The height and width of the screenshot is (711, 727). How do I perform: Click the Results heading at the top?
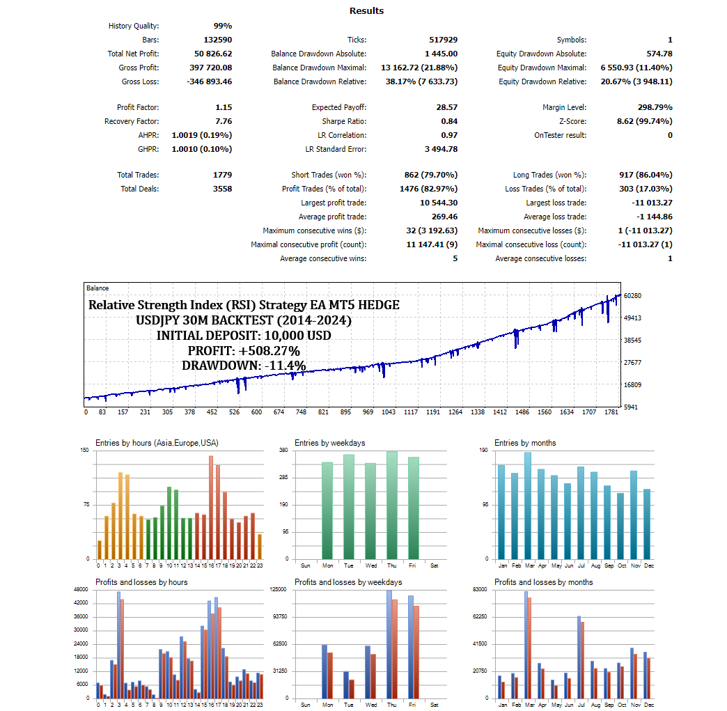366,10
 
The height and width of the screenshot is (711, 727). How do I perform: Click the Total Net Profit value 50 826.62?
213,54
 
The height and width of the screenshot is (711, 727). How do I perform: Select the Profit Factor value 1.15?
224,107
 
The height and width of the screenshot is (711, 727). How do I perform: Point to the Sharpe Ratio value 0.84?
448,121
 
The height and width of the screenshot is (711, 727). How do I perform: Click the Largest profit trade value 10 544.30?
439,203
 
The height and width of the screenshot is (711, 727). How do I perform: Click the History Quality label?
134,26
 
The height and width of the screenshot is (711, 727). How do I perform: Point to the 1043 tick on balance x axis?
388,412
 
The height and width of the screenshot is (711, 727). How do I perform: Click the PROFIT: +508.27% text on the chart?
244,350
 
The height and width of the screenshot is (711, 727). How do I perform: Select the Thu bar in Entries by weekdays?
392,505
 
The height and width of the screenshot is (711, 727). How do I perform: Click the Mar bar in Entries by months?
528,506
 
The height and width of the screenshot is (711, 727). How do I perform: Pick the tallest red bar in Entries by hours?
211,508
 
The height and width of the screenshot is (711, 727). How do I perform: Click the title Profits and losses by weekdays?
348,582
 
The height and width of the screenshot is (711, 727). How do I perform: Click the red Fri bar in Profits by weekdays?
416,652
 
